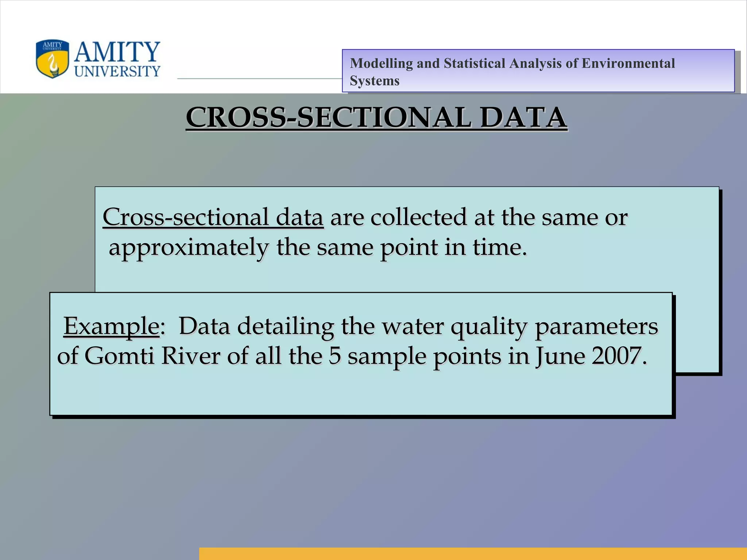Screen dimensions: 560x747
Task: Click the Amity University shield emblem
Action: point(52,59)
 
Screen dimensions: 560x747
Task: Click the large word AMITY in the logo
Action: point(117,52)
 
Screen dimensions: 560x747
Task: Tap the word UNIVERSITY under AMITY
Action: point(117,71)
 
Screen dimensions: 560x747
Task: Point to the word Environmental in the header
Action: point(628,63)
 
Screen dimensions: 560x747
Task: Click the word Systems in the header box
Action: point(375,81)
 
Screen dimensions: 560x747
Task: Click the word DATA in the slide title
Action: point(523,117)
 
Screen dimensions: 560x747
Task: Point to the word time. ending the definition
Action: point(500,247)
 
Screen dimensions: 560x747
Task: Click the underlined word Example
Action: point(112,326)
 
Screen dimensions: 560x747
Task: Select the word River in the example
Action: point(191,356)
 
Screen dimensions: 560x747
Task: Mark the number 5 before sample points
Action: point(334,356)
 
